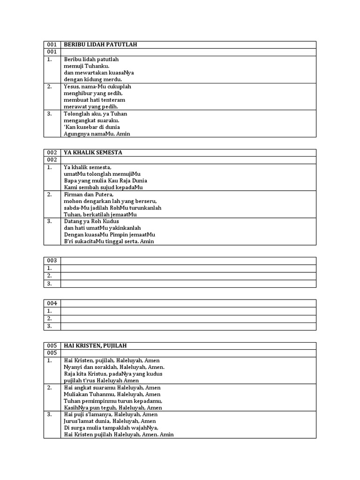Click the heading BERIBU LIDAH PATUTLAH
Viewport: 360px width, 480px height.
coord(100,45)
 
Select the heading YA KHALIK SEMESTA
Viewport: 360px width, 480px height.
coord(93,152)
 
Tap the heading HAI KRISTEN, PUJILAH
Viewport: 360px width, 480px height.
coord(95,345)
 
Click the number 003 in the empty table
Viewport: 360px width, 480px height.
coord(52,261)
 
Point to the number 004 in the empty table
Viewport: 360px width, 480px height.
coord(52,303)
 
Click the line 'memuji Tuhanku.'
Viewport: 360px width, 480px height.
coord(86,66)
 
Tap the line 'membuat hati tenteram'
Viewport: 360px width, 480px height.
coord(94,100)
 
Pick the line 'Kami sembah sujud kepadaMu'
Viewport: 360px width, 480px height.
coord(103,187)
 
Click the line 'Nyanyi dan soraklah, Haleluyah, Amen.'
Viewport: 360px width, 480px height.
coord(114,367)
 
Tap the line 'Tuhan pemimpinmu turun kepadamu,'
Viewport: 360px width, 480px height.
coord(113,401)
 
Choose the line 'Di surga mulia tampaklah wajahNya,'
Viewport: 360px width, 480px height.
coord(111,428)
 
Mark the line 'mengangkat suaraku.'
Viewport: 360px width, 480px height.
coord(91,120)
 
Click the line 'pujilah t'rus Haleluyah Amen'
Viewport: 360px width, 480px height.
coord(101,381)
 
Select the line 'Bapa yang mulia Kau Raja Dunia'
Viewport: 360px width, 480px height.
coord(105,180)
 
